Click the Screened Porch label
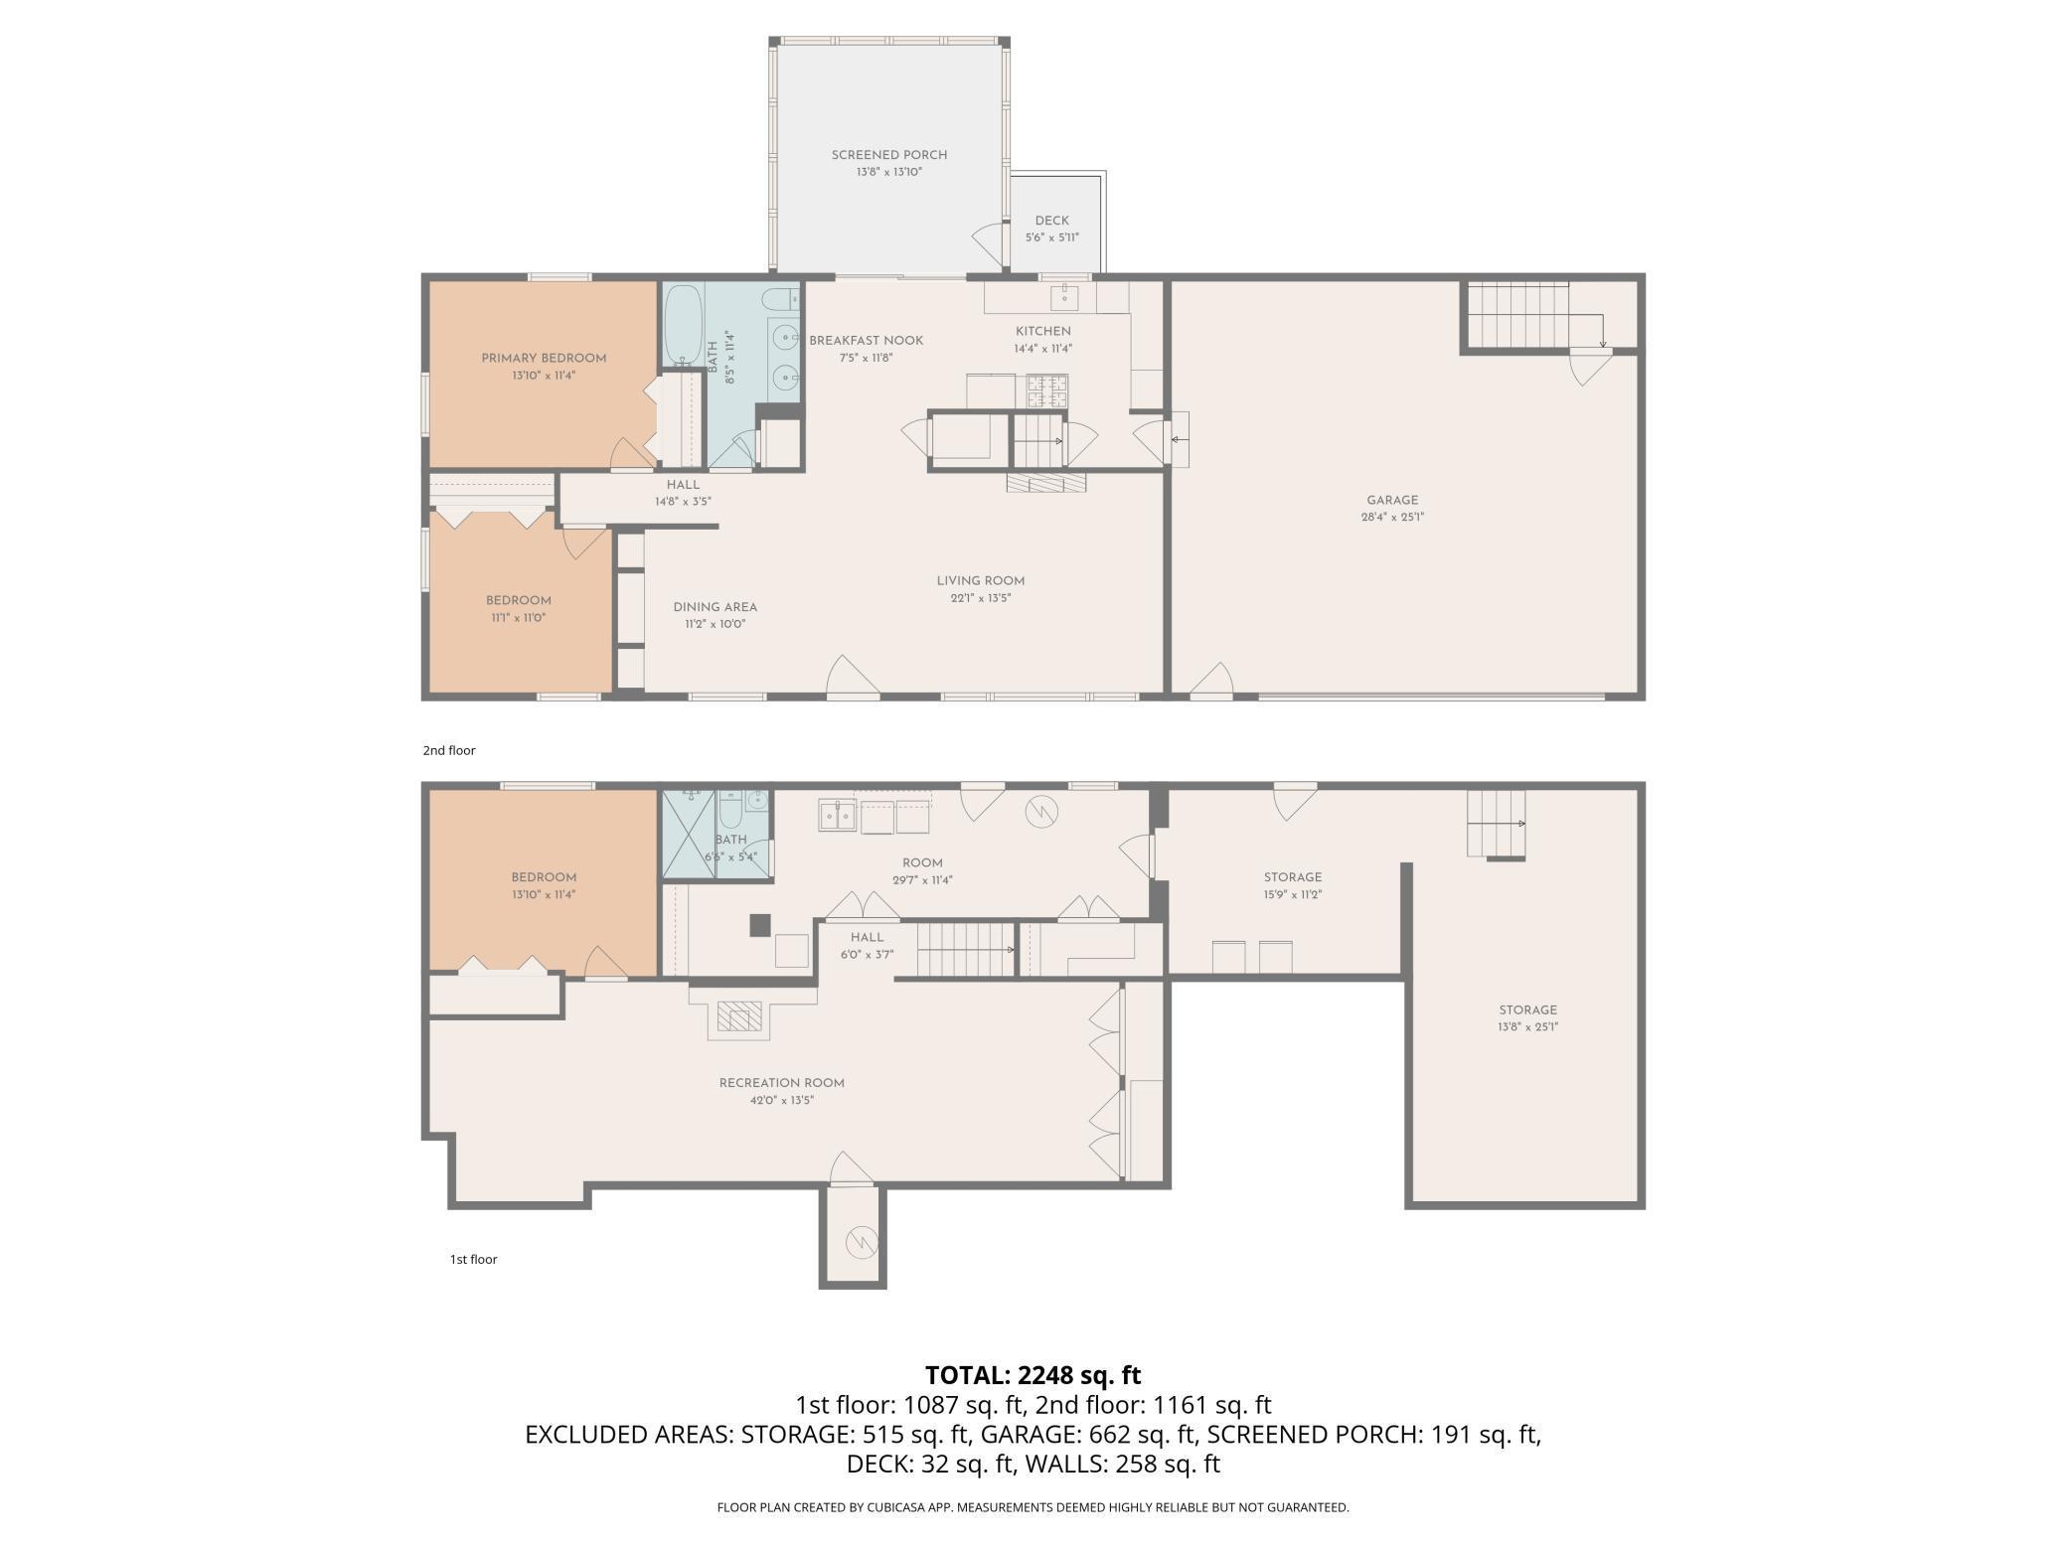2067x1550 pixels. click(x=889, y=155)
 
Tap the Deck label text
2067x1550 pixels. click(x=1051, y=221)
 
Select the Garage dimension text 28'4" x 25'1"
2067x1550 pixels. click(x=1392, y=517)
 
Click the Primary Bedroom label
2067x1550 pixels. click(x=544, y=359)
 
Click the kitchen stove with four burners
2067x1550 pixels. click(x=1047, y=389)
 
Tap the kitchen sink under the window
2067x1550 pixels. click(x=1065, y=296)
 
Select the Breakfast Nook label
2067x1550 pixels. click(x=866, y=341)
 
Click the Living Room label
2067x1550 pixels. click(x=980, y=581)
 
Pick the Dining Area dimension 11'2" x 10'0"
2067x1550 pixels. click(x=715, y=625)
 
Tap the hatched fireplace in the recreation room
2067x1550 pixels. click(x=739, y=1016)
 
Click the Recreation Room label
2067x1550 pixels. click(x=781, y=1083)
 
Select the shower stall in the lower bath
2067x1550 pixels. click(x=689, y=835)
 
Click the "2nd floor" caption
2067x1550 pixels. click(x=449, y=750)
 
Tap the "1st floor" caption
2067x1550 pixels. click(x=473, y=1259)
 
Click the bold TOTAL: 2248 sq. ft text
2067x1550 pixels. click(x=1033, y=1375)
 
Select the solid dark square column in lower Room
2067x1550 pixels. click(x=760, y=925)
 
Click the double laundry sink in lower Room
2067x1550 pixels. click(x=838, y=815)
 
